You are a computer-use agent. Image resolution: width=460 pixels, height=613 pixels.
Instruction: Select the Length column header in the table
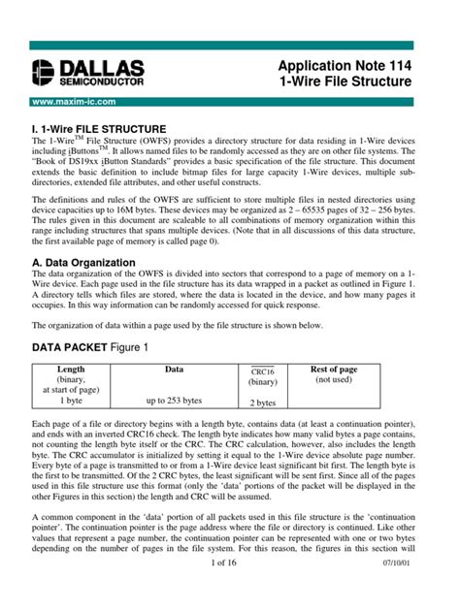coord(71,369)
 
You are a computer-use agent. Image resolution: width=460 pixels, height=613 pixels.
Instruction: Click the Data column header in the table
coord(174,369)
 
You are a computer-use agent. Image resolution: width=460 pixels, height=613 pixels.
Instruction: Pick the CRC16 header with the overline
coord(264,371)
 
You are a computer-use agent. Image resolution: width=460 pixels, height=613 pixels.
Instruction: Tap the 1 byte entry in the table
coord(71,400)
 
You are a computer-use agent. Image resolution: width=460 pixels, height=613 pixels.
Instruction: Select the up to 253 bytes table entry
coord(174,400)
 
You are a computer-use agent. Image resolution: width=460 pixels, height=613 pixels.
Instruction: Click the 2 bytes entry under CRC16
coord(264,401)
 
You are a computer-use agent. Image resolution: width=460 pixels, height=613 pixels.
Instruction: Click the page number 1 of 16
coord(231,588)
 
